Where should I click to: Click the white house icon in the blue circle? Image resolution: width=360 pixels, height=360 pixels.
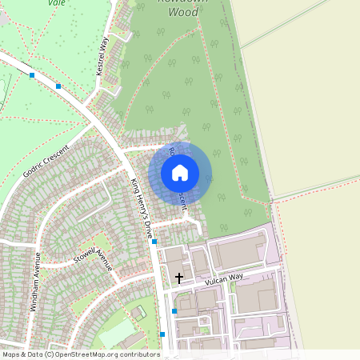point(180,172)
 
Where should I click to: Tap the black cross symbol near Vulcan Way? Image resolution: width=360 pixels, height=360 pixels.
point(179,278)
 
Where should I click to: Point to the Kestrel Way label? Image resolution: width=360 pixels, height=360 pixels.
point(102,55)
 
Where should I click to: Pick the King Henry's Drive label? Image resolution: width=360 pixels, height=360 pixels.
point(141,207)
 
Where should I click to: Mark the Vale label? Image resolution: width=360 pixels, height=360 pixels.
point(57,3)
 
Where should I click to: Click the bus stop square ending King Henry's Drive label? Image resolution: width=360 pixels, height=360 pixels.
point(154,241)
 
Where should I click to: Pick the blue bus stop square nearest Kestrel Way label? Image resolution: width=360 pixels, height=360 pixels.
point(58,86)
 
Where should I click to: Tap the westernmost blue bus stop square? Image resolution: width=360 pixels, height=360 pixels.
point(32,75)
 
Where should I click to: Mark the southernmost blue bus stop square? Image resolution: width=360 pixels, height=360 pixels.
point(162,334)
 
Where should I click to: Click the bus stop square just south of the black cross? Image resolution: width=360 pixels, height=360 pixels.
point(174,310)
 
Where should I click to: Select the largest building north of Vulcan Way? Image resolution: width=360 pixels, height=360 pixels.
point(238,254)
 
